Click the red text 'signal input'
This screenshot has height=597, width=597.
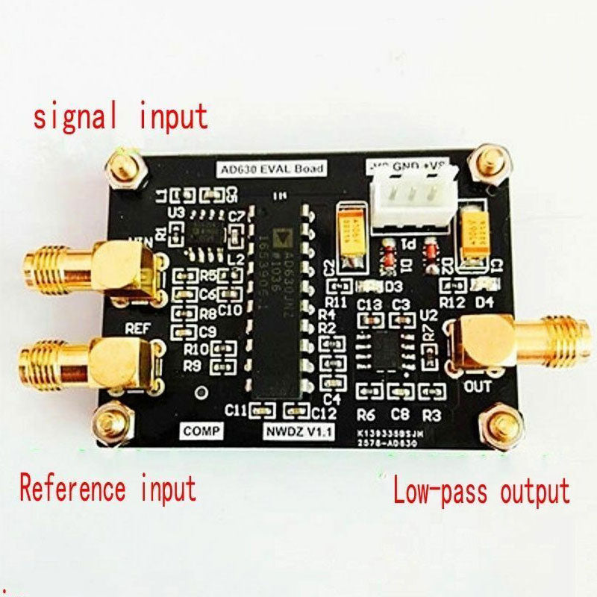coord(119,117)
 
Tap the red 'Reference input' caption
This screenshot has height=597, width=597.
coord(107,490)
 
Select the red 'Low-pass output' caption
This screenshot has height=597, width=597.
coord(481,492)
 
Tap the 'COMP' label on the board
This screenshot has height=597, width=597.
coord(202,431)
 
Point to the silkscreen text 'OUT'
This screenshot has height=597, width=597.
coord(478,387)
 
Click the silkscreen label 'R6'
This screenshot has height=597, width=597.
coord(366,416)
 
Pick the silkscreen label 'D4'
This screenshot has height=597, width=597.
coord(485,302)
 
